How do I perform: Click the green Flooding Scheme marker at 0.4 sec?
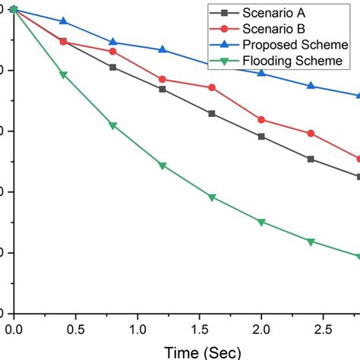(63, 75)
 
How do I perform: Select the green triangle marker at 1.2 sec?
(163, 166)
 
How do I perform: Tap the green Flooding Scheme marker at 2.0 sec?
(261, 223)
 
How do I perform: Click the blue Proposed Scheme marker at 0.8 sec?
(113, 42)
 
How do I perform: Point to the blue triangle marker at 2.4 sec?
(311, 86)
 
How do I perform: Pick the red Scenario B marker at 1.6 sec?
(212, 87)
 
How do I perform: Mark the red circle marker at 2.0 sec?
(261, 120)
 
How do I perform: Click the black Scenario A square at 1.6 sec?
(212, 113)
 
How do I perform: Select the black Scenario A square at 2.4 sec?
(311, 159)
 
